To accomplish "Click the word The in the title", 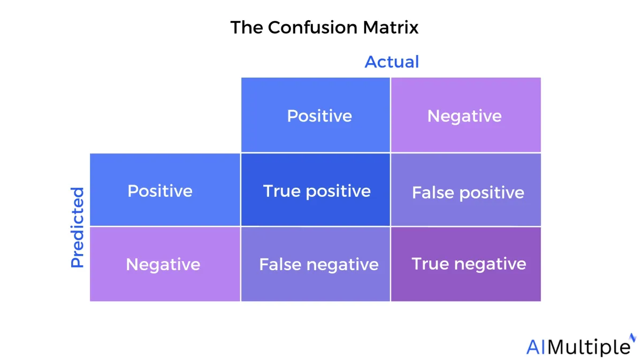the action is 247,27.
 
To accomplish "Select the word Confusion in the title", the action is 312,27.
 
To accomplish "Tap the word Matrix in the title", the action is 391,27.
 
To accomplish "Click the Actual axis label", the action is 392,62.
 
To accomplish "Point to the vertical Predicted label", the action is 77,227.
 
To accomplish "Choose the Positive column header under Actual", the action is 316,114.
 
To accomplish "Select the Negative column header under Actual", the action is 466,114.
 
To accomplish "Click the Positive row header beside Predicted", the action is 165,189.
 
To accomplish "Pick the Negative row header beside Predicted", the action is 165,264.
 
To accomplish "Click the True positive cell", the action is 316,189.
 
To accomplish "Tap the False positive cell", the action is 466,189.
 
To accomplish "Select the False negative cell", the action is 316,264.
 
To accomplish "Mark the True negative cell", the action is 466,264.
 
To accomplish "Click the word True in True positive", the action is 282,191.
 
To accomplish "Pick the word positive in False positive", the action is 492,193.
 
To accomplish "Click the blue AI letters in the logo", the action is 536,347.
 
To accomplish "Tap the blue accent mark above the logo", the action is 632,338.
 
